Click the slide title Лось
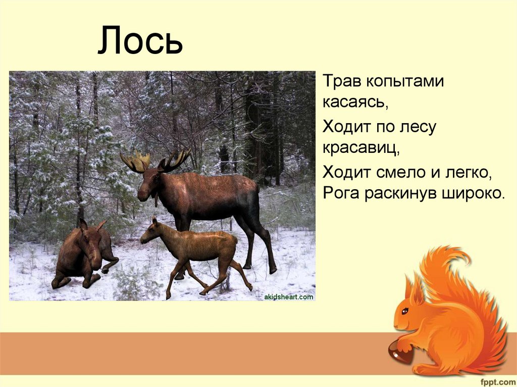139,41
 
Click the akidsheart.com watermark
289,297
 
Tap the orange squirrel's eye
405,311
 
